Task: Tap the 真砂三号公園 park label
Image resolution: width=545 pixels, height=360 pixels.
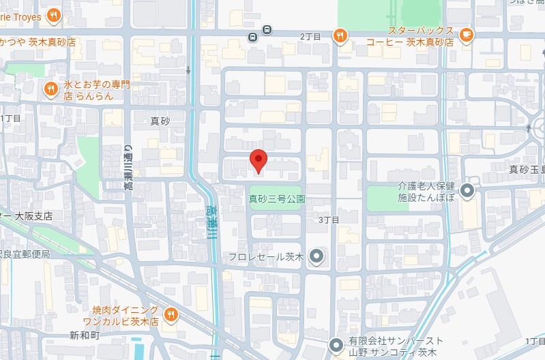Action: [276, 200]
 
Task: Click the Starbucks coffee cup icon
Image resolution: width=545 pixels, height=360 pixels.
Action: [466, 35]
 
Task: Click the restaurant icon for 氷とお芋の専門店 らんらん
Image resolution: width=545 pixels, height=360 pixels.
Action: [50, 89]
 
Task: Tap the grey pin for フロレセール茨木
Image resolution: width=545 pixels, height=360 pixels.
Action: [316, 256]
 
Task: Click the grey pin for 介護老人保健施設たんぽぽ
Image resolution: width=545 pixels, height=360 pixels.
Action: [467, 191]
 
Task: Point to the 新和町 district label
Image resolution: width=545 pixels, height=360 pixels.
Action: [85, 335]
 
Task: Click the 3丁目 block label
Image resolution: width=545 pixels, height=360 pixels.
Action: [329, 220]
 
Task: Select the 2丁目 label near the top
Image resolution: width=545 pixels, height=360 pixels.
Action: [310, 35]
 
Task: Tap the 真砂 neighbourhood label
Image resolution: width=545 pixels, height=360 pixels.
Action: [160, 121]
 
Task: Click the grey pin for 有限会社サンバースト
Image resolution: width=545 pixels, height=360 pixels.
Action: [335, 346]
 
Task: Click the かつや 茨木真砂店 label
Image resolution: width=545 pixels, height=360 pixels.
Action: [38, 42]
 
